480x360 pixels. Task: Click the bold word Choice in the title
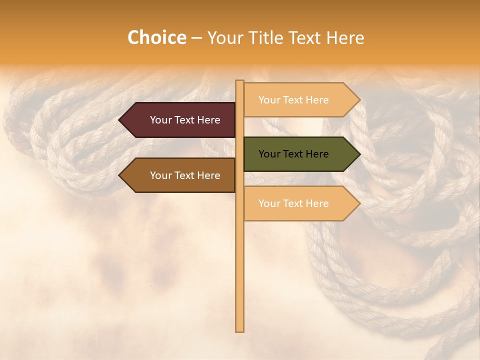click(x=156, y=38)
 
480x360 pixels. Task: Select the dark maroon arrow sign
click(x=180, y=120)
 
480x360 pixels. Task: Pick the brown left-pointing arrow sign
click(x=180, y=175)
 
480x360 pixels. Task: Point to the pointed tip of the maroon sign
click(x=120, y=120)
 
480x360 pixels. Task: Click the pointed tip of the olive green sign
click(x=359, y=154)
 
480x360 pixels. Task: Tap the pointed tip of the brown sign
click(x=120, y=175)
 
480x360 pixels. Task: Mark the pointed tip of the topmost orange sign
click(x=359, y=100)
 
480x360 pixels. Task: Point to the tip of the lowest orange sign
click(x=359, y=203)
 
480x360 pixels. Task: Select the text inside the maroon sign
click(x=185, y=120)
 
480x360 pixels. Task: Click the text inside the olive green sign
click(x=293, y=154)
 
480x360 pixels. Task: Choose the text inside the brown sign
click(x=185, y=175)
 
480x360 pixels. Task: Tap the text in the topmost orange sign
click(x=293, y=100)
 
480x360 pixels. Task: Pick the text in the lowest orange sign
click(x=293, y=203)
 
